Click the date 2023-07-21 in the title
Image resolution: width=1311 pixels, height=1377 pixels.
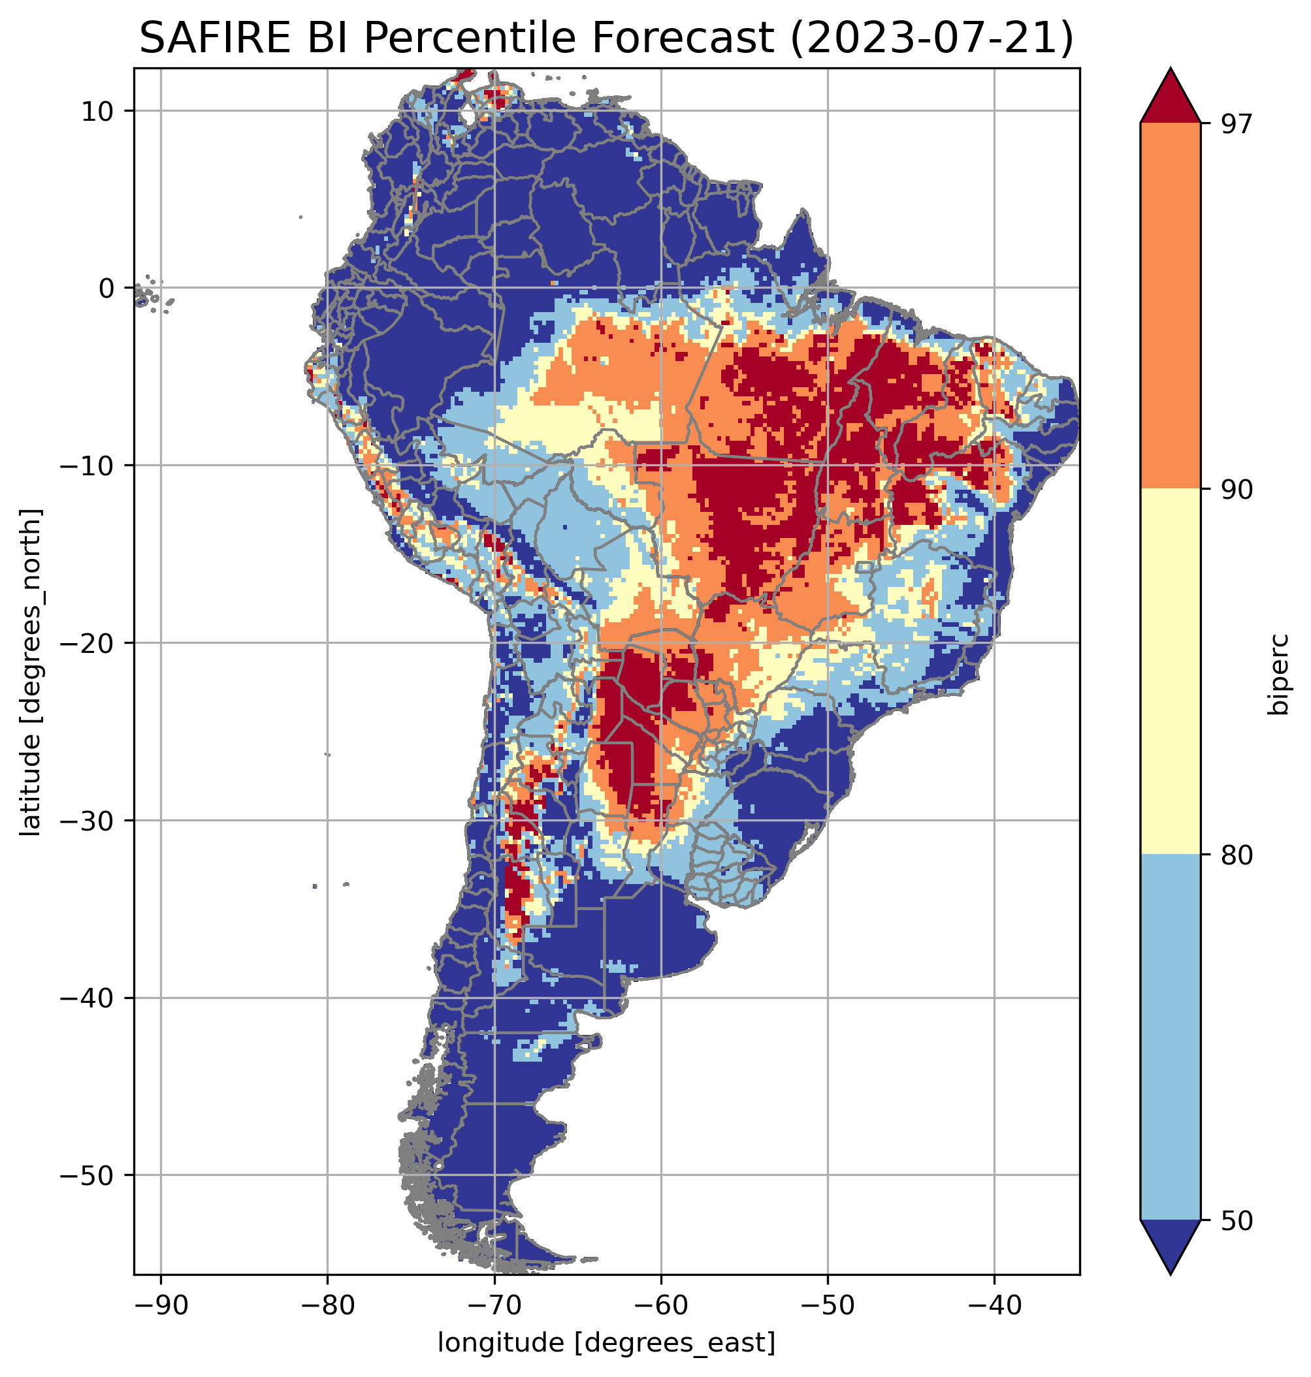[x=933, y=38]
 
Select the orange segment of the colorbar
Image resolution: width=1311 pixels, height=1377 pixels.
[x=1170, y=306]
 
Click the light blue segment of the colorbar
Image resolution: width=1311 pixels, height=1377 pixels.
[x=1170, y=1038]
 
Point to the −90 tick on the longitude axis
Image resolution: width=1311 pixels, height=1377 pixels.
[x=161, y=1305]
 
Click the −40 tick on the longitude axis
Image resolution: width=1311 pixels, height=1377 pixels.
[x=994, y=1305]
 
